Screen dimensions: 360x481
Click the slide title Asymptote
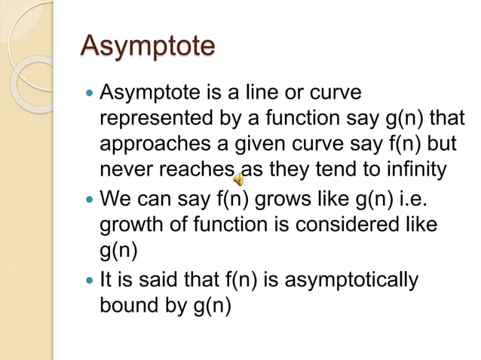[x=148, y=47]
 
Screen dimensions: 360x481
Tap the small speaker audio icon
[x=237, y=179]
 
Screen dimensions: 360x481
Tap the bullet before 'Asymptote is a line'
[x=90, y=95]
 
